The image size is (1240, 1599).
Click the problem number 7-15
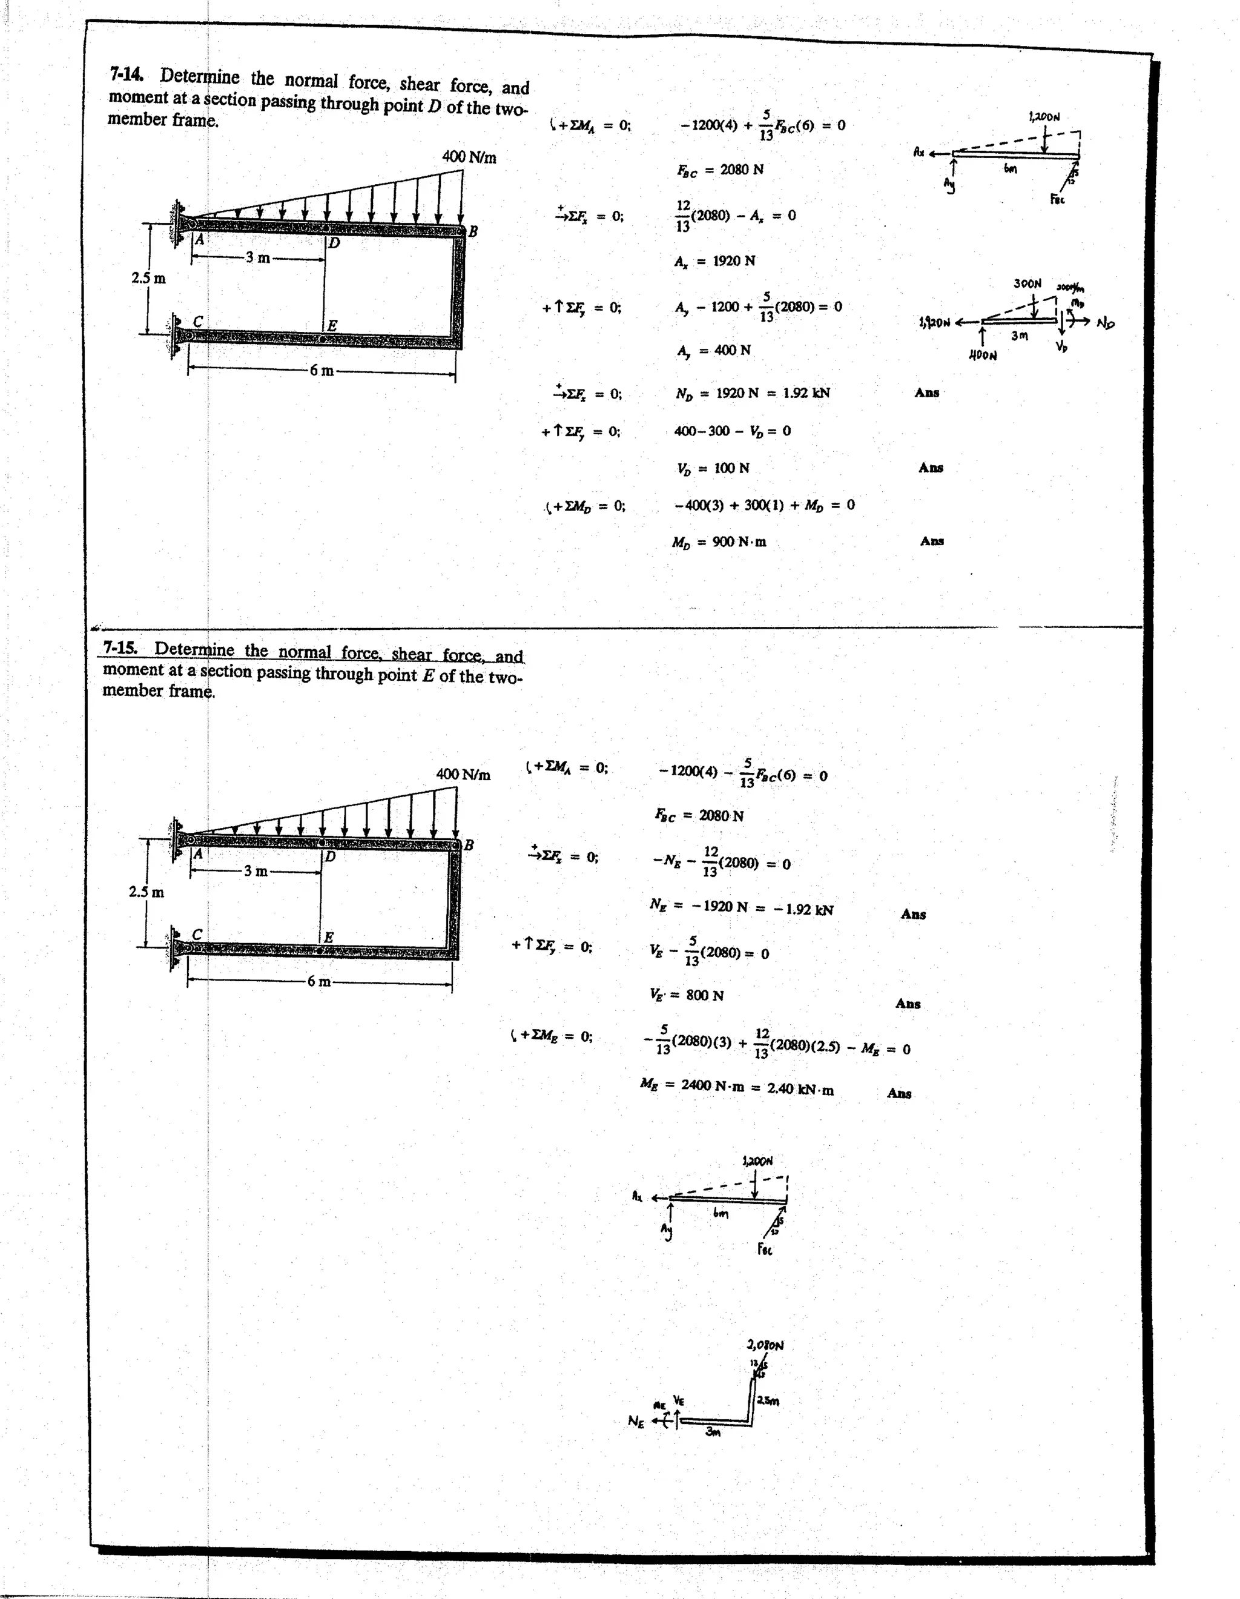pyautogui.click(x=120, y=647)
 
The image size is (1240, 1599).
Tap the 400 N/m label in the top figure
pyautogui.click(x=469, y=157)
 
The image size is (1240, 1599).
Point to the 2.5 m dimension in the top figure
pyautogui.click(x=148, y=278)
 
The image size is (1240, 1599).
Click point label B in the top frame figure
pyautogui.click(x=473, y=231)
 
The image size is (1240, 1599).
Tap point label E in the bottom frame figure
pyautogui.click(x=329, y=937)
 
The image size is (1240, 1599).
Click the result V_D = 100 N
pyautogui.click(x=712, y=468)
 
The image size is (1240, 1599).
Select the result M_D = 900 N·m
pyautogui.click(x=719, y=542)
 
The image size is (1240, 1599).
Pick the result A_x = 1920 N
pyautogui.click(x=714, y=260)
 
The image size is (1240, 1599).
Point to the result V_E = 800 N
pyautogui.click(x=686, y=995)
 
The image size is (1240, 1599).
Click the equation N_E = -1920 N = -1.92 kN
pyautogui.click(x=740, y=907)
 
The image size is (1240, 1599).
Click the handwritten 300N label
pyautogui.click(x=1027, y=283)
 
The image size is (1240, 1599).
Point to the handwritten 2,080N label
pyautogui.click(x=765, y=1345)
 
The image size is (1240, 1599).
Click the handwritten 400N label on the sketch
pyautogui.click(x=982, y=355)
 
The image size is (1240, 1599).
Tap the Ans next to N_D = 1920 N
pyautogui.click(x=927, y=392)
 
